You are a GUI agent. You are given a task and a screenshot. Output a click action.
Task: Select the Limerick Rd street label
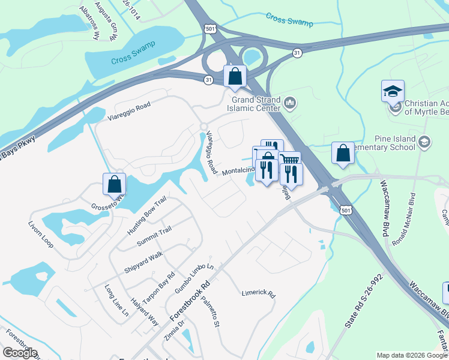coord(258,295)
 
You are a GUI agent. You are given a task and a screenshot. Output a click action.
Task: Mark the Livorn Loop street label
coord(41,236)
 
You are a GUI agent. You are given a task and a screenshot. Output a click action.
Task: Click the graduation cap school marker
coord(393,91)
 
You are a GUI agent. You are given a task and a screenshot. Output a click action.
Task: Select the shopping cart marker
coord(289,161)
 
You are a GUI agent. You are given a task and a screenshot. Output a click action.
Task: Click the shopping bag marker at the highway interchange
coord(235,76)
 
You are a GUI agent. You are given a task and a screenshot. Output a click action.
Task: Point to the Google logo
coord(20,353)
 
